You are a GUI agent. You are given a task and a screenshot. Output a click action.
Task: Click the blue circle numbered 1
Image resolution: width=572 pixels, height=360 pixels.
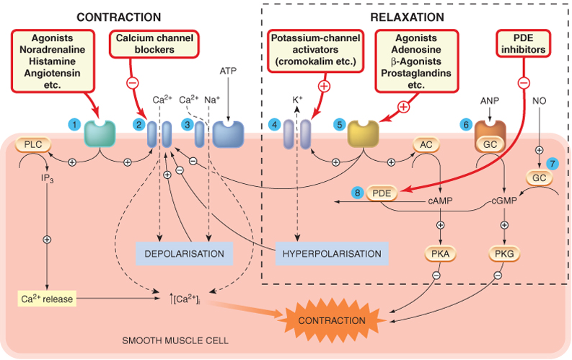[x=74, y=125]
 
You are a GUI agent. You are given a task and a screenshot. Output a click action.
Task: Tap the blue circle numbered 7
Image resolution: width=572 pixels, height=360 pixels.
[x=553, y=164]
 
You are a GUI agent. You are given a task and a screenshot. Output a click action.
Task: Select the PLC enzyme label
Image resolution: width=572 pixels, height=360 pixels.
[x=33, y=144]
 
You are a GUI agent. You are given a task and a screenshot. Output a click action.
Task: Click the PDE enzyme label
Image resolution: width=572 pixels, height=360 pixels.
[x=382, y=193]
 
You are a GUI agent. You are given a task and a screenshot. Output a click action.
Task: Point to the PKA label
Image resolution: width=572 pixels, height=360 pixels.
[x=440, y=253]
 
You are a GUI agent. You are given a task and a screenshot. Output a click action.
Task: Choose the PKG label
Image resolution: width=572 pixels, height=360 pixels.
[x=504, y=253]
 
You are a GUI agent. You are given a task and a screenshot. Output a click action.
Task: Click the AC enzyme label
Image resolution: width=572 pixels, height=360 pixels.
[x=426, y=144]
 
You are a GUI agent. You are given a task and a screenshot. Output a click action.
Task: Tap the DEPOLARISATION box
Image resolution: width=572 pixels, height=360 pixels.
[x=184, y=253]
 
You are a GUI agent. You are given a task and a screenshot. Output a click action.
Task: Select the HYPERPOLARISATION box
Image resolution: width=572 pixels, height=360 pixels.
[x=332, y=253]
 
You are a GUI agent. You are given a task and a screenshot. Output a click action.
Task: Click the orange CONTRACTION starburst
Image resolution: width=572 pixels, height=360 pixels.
[x=332, y=320]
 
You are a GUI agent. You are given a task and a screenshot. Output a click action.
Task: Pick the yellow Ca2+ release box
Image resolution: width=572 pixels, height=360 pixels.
[x=47, y=299]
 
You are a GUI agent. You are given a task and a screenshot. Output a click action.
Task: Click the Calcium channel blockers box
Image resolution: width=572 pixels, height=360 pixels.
[x=154, y=44]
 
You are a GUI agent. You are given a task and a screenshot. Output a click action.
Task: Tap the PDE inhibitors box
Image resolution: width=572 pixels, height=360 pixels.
[x=523, y=43]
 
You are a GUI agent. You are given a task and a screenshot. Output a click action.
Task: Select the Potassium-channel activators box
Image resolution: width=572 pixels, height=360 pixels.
[x=315, y=50]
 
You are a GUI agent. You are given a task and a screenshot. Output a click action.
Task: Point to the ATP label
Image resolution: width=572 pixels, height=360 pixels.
[x=228, y=71]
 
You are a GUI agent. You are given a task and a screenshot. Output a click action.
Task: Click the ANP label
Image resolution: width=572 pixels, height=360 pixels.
[x=490, y=101]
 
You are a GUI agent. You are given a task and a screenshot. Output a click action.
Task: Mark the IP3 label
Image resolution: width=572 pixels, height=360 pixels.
[x=48, y=178]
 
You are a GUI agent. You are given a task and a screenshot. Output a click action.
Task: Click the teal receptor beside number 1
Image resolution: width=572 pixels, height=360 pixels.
[x=100, y=134]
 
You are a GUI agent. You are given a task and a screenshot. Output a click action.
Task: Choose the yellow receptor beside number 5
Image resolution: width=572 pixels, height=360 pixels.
[x=363, y=134]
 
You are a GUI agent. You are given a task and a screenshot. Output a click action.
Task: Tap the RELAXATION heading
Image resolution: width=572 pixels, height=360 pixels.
[x=407, y=17]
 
